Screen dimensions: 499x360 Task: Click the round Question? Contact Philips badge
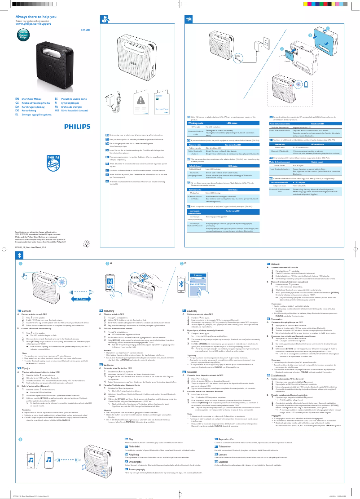23,35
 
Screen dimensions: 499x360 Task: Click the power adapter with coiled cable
111,104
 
